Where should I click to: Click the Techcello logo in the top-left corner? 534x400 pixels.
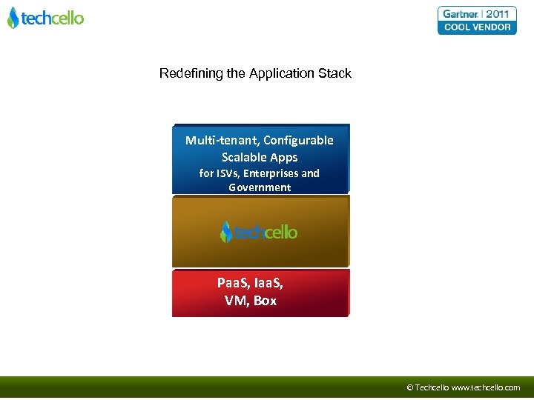point(46,18)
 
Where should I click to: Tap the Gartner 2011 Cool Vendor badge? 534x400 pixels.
point(477,20)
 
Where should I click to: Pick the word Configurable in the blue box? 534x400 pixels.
point(298,140)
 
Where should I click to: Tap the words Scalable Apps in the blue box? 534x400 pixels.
point(260,157)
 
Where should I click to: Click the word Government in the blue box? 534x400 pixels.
point(260,187)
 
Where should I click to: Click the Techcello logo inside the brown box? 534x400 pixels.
point(259,232)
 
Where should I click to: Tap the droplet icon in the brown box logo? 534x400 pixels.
point(226,232)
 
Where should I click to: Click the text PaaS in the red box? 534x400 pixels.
point(232,283)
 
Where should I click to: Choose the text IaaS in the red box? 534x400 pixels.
point(268,283)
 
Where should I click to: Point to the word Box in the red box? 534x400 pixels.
point(265,301)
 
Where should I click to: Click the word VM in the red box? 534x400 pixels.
point(237,301)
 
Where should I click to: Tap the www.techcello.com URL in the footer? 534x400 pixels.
point(486,387)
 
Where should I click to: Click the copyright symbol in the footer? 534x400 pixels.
point(410,387)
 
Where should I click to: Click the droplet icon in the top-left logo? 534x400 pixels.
point(13,18)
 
